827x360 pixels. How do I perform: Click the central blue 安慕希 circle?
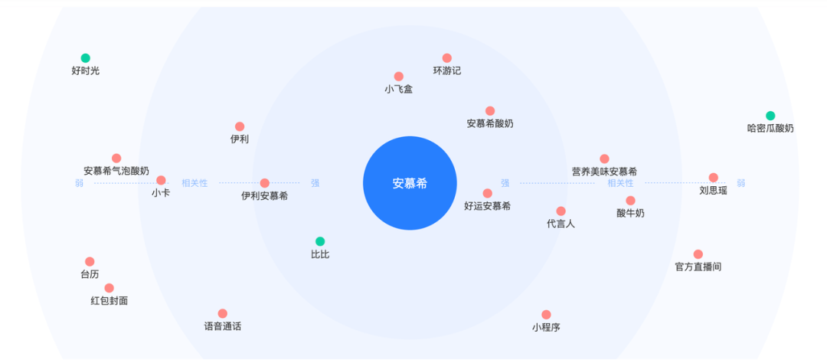410,183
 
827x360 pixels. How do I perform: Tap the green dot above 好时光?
86,58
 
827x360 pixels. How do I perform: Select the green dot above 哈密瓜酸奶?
770,116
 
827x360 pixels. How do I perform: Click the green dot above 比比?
320,241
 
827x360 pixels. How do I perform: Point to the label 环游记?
447,71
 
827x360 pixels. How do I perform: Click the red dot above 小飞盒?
399,77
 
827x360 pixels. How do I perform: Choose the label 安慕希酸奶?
490,123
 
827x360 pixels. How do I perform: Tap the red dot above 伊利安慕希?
265,183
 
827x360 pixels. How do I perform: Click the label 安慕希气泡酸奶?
116,171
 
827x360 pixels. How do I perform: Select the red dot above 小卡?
161,181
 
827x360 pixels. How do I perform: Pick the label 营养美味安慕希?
604,172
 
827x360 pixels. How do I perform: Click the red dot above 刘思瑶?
714,178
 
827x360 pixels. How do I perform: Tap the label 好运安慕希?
487,206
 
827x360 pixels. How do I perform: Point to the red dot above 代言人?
561,211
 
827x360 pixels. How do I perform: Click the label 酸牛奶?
630,214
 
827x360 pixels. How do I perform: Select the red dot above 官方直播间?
698,254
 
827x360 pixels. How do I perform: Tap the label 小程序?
546,327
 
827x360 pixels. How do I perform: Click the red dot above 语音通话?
223,313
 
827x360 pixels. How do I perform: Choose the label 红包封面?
110,301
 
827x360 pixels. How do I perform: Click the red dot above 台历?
90,262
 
